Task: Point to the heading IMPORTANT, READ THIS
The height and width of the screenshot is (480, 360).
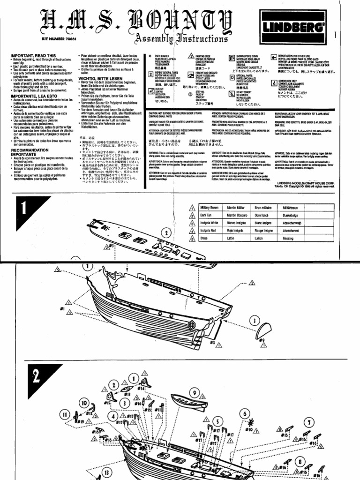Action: (33, 55)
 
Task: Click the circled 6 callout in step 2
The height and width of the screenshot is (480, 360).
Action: (245, 413)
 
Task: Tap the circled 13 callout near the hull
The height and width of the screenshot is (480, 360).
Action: (106, 472)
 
